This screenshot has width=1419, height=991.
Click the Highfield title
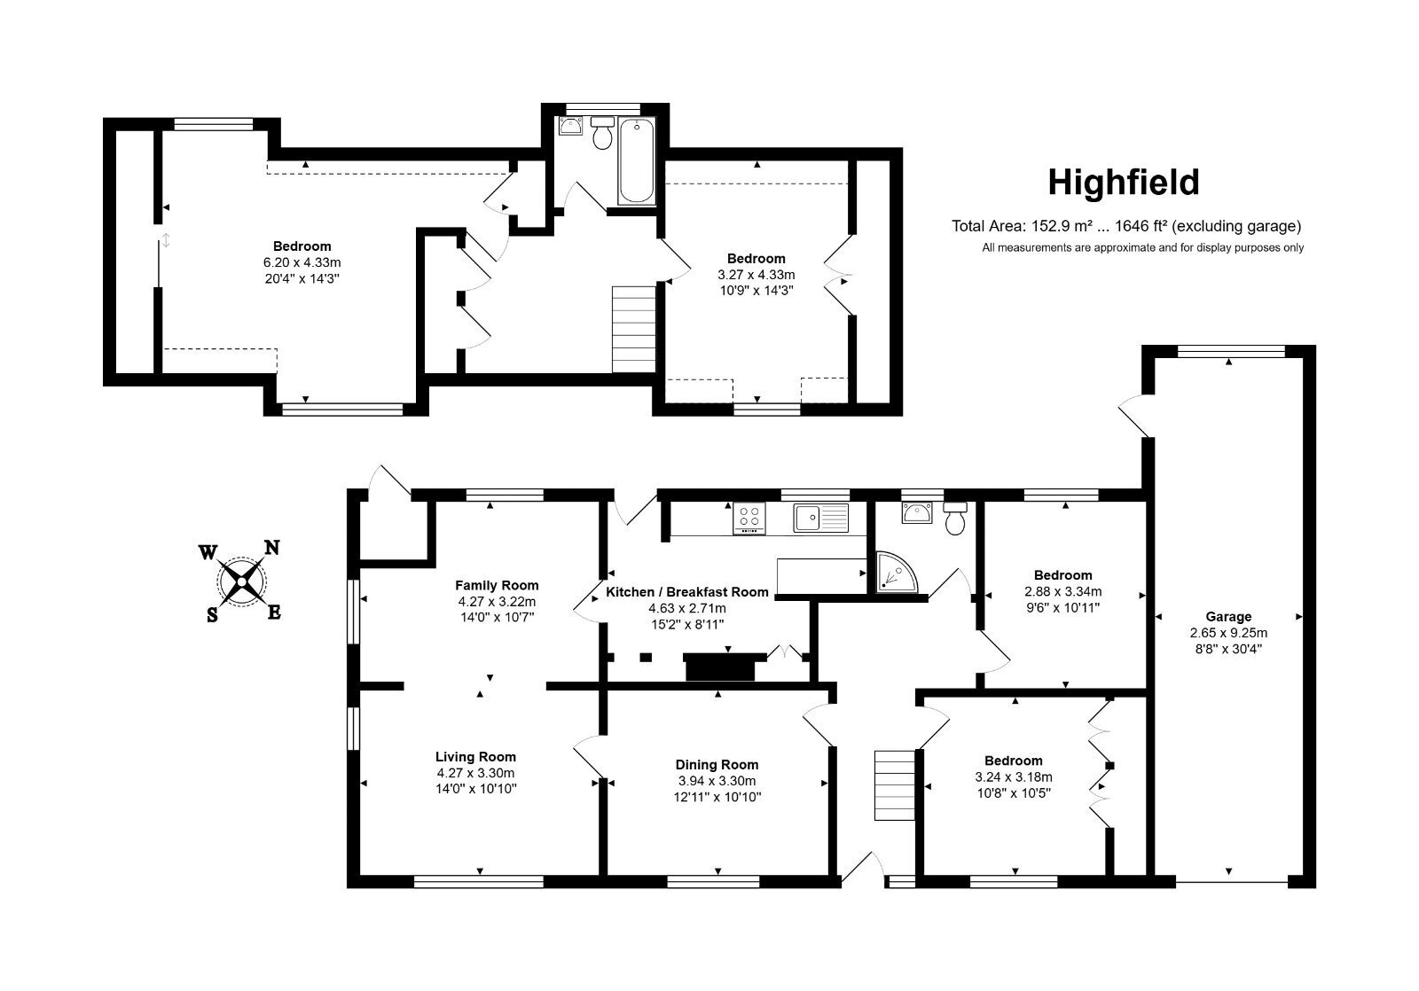(1123, 183)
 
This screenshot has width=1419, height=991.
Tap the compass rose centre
(241, 580)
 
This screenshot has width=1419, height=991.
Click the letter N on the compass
(271, 547)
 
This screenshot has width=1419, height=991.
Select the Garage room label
(1228, 616)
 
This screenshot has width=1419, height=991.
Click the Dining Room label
(717, 764)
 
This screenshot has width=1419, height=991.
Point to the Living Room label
(475, 757)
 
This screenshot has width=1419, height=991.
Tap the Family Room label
(497, 585)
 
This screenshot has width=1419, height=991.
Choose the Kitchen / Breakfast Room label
(687, 592)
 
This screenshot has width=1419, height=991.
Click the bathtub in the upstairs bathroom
(636, 161)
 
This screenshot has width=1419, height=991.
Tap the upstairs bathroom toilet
(602, 133)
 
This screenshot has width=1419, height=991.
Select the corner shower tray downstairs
(896, 573)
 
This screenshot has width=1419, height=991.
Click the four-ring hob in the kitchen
(749, 518)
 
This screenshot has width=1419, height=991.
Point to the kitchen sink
(821, 518)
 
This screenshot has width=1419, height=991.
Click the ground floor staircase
(895, 785)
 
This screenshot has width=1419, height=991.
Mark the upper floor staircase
(633, 329)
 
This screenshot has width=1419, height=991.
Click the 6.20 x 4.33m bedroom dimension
(302, 262)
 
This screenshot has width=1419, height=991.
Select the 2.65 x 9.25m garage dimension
(1228, 633)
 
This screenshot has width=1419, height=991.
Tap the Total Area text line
(1126, 226)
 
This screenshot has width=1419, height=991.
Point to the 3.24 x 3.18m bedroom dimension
(1014, 777)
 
